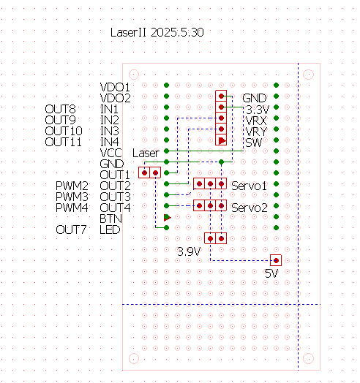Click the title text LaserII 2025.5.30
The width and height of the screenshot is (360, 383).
tap(157, 32)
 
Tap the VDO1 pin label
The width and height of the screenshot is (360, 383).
tap(115, 87)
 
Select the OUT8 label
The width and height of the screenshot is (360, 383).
tap(60, 109)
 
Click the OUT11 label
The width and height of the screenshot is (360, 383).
tap(63, 142)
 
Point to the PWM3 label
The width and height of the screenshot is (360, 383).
tap(72, 197)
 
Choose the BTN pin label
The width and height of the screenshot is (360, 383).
tap(110, 219)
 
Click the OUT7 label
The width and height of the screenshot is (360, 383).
tap(71, 230)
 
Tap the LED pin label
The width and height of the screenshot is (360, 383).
tap(110, 230)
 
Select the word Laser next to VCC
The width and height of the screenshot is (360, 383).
tap(146, 153)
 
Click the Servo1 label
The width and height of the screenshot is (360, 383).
tap(249, 186)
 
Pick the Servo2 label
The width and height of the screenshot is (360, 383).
tap(250, 208)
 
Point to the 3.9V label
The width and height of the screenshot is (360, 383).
tap(189, 251)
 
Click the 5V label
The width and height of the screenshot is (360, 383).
tap(271, 273)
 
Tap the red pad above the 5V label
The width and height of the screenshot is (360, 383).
tap(276, 260)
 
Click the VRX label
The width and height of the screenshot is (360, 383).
tap(256, 121)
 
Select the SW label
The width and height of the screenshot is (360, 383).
tap(254, 143)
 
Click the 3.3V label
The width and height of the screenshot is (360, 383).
tap(258, 110)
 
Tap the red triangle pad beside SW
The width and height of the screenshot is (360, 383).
tap(222, 141)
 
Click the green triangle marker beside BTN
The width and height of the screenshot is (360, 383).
tap(167, 217)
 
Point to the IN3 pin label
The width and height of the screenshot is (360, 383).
tap(110, 131)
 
